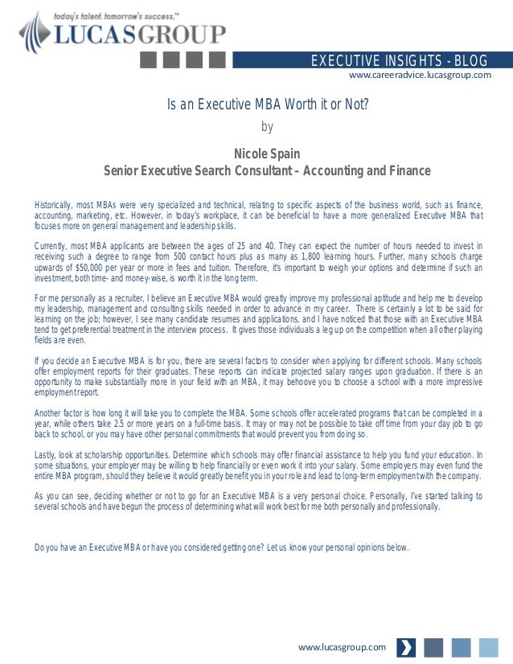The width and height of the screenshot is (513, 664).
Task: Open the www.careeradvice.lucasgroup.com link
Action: [x=419, y=75]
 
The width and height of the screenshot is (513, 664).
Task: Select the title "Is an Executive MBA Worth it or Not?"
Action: [x=268, y=105]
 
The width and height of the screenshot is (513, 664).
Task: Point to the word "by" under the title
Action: [x=268, y=126]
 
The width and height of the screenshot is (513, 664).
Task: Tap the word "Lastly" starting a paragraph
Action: [x=47, y=454]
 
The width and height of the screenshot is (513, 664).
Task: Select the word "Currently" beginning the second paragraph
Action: [x=54, y=245]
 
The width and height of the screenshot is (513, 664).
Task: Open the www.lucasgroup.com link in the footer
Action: [x=342, y=647]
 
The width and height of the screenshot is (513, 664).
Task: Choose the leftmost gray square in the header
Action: [x=150, y=59]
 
